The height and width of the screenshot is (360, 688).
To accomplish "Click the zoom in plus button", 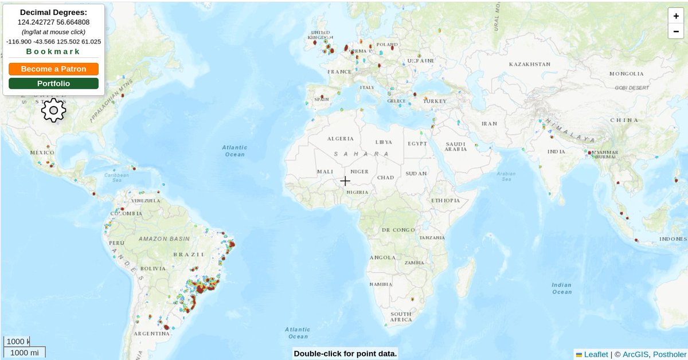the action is click(677, 17).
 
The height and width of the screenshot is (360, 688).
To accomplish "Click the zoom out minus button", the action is click(677, 31).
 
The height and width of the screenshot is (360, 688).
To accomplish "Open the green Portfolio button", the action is click(53, 84).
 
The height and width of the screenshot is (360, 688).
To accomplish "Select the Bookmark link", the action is click(53, 52).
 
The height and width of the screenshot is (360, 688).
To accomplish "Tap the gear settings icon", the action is click(53, 110).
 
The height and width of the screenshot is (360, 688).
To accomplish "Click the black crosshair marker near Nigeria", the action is click(345, 181).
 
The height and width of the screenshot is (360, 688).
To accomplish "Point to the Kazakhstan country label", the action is click(529, 64).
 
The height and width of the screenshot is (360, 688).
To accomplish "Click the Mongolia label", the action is click(626, 74).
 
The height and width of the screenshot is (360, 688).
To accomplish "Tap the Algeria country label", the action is click(341, 139).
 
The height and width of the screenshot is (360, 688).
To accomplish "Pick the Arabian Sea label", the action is click(506, 176).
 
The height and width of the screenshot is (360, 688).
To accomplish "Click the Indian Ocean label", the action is click(561, 288).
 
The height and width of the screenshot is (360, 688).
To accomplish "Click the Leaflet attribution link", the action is click(596, 354).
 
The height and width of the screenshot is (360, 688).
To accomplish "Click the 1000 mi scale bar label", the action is click(25, 353).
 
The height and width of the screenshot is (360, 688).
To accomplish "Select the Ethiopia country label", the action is click(445, 201).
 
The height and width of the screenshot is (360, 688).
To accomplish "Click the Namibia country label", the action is click(381, 284).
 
